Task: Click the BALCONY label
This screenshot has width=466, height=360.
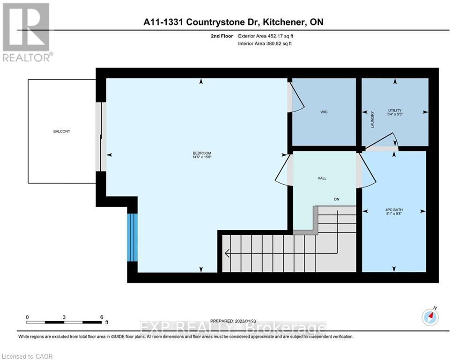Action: pyautogui.click(x=61, y=131)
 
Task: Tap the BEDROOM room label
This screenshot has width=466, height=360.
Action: pyautogui.click(x=202, y=153)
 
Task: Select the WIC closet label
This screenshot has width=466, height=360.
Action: pyautogui.click(x=324, y=112)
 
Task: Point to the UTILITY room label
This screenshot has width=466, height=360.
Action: pyautogui.click(x=395, y=110)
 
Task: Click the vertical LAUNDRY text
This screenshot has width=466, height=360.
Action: pyautogui.click(x=373, y=120)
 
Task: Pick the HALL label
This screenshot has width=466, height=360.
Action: pyautogui.click(x=322, y=178)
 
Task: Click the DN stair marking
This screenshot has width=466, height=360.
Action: pyautogui.click(x=336, y=199)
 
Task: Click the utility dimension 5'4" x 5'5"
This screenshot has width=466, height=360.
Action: pyautogui.click(x=395, y=114)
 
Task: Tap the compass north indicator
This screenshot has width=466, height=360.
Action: pyautogui.click(x=430, y=317)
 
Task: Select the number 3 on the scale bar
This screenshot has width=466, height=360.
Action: pyautogui.click(x=64, y=317)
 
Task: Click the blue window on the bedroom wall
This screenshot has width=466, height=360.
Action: pyautogui.click(x=133, y=237)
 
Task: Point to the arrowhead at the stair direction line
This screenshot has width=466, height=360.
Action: pyautogui.click(x=227, y=254)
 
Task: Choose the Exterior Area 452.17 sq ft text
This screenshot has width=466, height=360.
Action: pyautogui.click(x=266, y=36)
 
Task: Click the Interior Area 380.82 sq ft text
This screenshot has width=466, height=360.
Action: pyautogui.click(x=266, y=44)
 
